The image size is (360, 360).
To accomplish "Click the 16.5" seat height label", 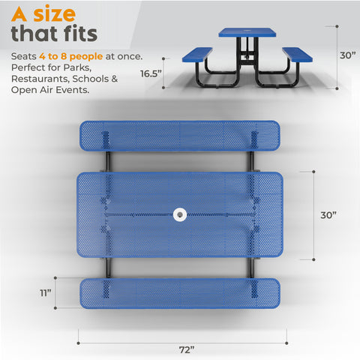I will click(151, 73).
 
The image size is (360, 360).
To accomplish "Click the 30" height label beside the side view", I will click(346, 55).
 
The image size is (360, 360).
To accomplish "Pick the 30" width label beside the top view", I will click(328, 214).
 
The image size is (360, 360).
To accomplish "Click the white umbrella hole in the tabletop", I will click(181, 215).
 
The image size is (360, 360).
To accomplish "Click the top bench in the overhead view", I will click(180, 136).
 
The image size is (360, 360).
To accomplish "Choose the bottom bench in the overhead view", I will click(180, 293).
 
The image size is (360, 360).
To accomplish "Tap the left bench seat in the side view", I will click(198, 53).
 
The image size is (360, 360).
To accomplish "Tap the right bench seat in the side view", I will click(298, 52).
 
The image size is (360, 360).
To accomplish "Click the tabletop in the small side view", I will click(247, 33).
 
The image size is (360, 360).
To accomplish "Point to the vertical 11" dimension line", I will click(54, 303).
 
